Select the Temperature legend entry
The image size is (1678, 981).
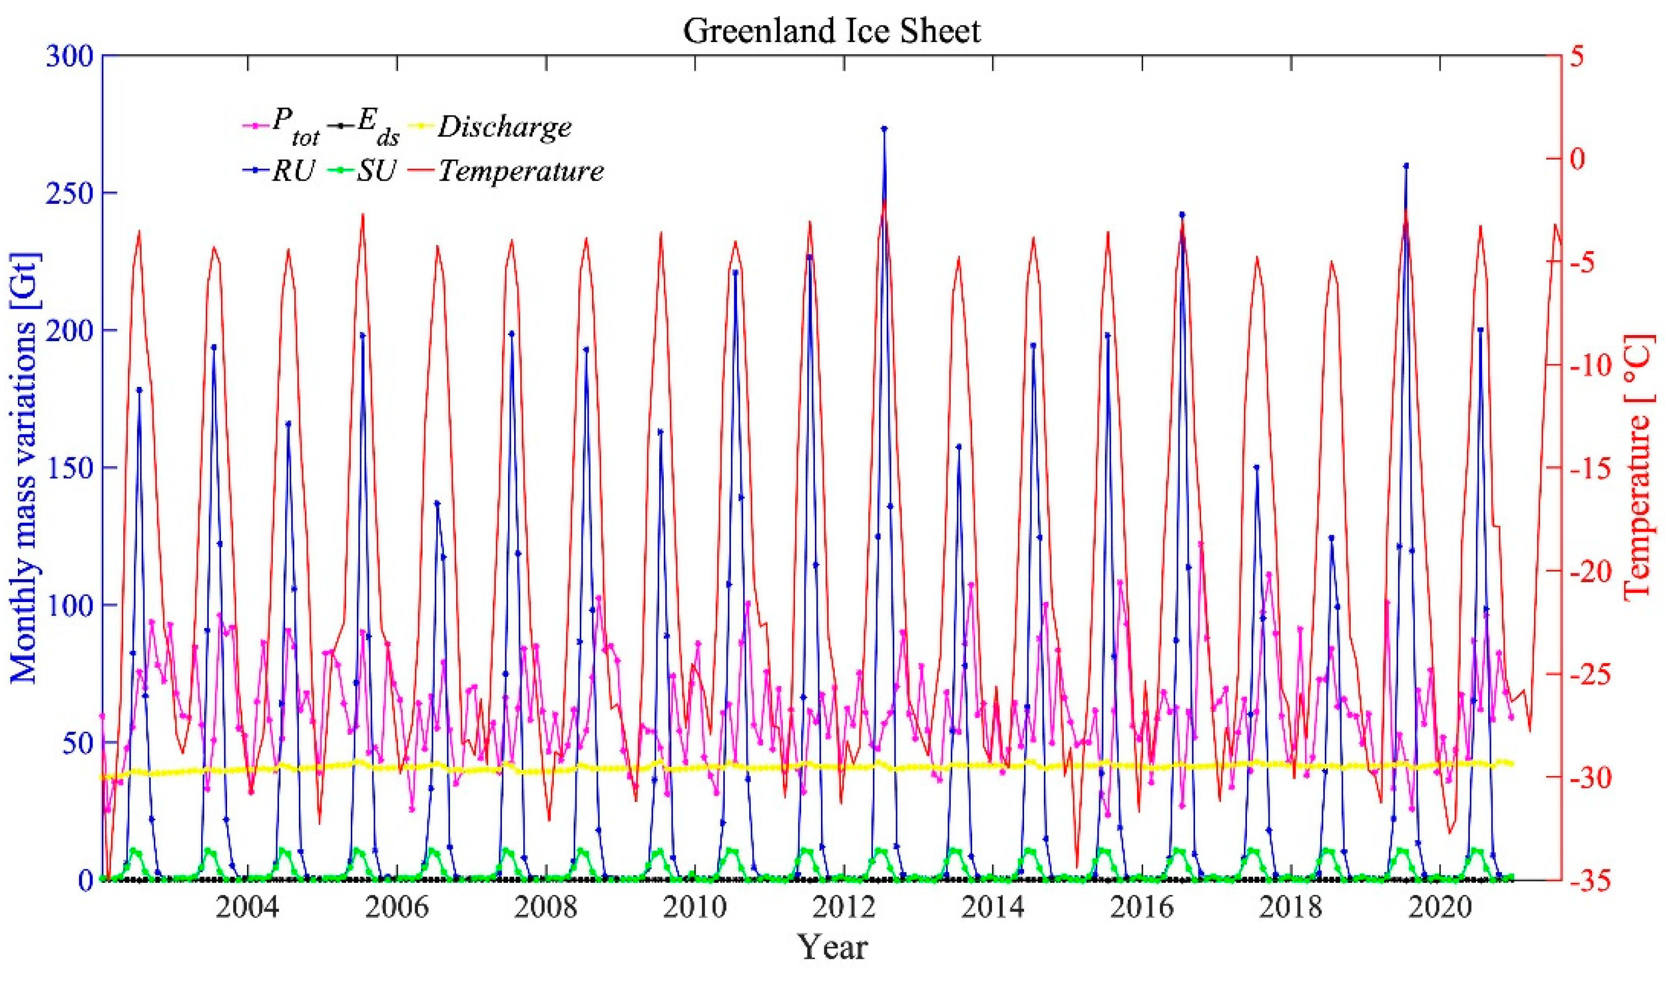(x=520, y=171)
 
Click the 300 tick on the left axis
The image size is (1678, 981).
(x=69, y=55)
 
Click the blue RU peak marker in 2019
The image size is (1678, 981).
(x=1406, y=165)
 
